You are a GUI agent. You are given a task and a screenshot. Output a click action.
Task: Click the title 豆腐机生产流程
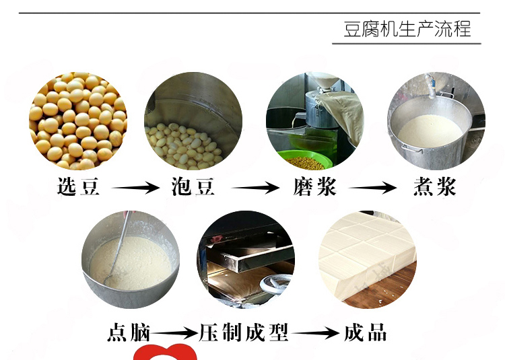pos(407,29)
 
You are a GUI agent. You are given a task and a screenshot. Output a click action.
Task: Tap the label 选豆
pos(78,186)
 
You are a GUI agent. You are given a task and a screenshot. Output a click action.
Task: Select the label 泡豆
pos(193,186)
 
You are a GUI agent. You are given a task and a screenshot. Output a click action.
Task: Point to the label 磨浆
pos(314,186)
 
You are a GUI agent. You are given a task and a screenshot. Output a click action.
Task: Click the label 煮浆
pos(435,186)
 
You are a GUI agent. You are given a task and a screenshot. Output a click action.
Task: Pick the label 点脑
pos(129,332)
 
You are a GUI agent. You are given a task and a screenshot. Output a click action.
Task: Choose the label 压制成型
pos(244,332)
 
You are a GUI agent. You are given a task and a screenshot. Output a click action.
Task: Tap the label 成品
pos(365,332)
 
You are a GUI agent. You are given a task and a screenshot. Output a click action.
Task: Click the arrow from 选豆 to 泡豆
pos(135,188)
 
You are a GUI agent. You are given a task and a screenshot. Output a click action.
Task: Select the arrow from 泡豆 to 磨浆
pos(255,188)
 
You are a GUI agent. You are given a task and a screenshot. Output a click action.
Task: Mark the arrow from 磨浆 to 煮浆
pos(372,188)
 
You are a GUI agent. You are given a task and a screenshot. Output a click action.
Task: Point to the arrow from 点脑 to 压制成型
pos(174,333)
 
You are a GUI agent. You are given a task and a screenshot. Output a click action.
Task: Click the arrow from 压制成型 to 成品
pos(315,333)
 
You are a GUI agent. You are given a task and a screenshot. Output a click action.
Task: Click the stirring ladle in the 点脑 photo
pos(118,248)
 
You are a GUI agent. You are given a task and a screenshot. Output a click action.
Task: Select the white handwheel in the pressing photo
pos(275,283)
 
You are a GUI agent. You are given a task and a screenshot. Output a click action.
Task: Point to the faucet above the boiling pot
pos(430,85)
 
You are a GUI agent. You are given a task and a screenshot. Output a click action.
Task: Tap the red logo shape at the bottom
pos(165,353)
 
